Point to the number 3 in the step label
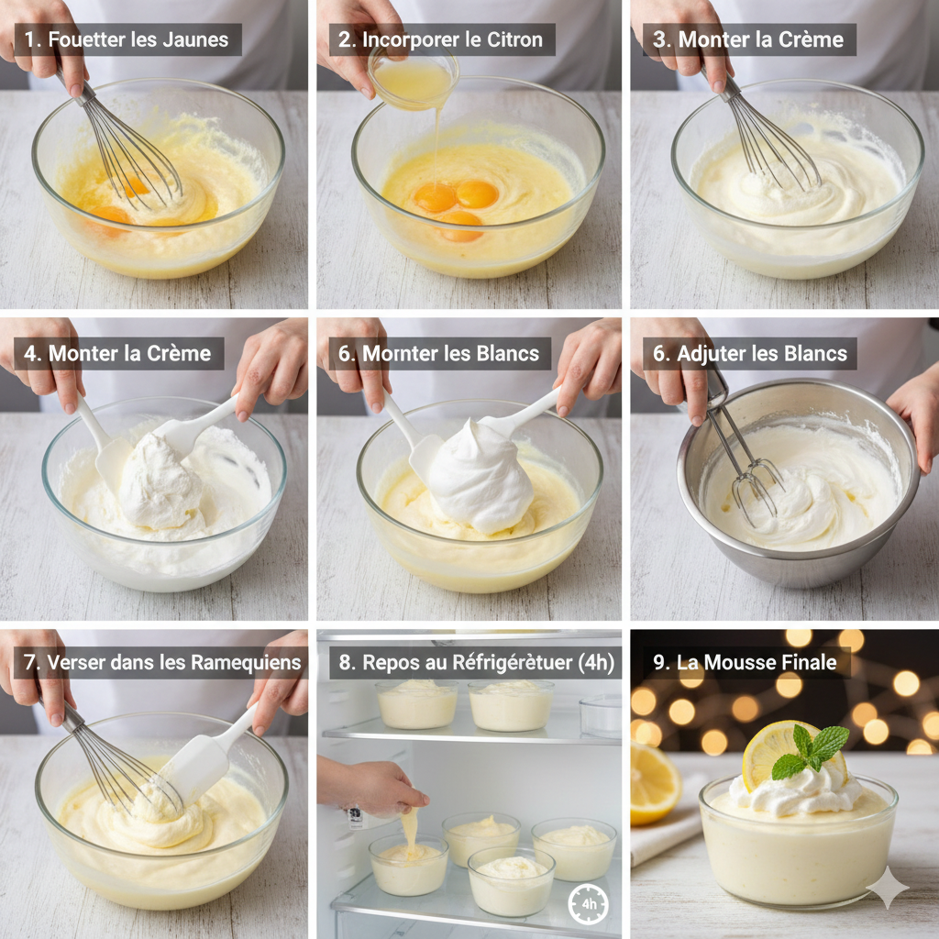[x=659, y=40]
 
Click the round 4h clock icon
[x=588, y=903]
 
